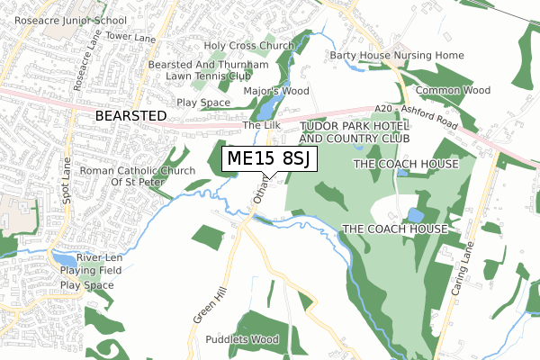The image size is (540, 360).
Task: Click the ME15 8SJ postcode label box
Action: (x=268, y=159)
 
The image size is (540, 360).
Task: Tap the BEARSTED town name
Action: (x=131, y=116)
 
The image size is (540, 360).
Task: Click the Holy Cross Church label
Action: (x=249, y=45)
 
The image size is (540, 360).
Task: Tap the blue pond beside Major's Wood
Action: (x=268, y=110)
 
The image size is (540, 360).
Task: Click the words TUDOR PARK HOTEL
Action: (x=354, y=126)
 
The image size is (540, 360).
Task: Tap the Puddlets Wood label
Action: (x=242, y=340)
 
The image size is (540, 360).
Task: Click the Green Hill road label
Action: (x=204, y=305)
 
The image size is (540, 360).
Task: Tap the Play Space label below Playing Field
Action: (x=87, y=285)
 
